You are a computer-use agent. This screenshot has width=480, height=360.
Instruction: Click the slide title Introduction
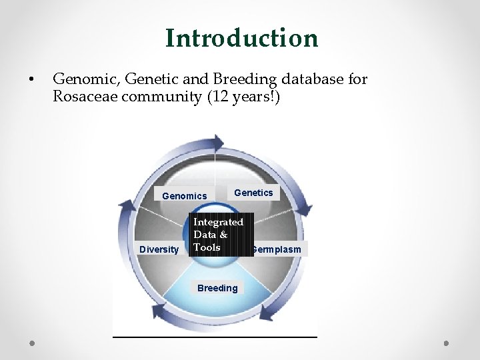(241, 38)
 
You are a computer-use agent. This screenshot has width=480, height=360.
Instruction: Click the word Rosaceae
(83, 98)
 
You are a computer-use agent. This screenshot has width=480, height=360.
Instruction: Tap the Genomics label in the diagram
(185, 196)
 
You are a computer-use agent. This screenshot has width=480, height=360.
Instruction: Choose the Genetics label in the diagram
(254, 193)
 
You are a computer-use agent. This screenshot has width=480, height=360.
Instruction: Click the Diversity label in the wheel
(159, 249)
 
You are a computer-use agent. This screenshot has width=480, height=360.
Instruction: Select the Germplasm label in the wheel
(277, 250)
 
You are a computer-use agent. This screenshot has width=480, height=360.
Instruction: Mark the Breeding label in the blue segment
(217, 288)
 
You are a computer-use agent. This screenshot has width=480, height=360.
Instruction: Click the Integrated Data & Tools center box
(218, 234)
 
